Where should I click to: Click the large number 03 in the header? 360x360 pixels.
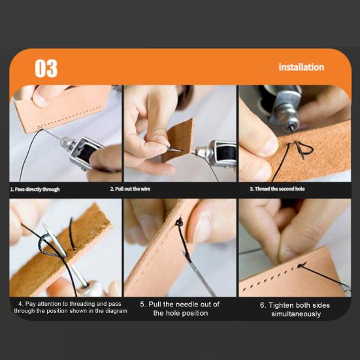pyautogui.click(x=46, y=69)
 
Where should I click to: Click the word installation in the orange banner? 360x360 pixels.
pyautogui.click(x=301, y=67)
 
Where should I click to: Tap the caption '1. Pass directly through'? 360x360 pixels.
pyautogui.click(x=35, y=189)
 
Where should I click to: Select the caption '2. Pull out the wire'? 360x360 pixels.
pyautogui.click(x=130, y=189)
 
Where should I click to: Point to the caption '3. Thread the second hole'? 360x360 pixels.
pyautogui.click(x=277, y=189)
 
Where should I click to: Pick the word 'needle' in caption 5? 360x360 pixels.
pyautogui.click(x=186, y=304)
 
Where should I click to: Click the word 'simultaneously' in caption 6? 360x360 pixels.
pyautogui.click(x=296, y=314)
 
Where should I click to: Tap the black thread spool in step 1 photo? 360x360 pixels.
pyautogui.click(x=86, y=152)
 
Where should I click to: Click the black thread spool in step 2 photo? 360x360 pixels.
pyautogui.click(x=227, y=154)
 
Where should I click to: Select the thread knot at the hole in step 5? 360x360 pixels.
pyautogui.click(x=179, y=222)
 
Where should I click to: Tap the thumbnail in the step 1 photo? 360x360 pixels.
pyautogui.click(x=39, y=100)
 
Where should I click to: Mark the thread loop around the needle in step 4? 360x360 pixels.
pyautogui.click(x=47, y=244)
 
